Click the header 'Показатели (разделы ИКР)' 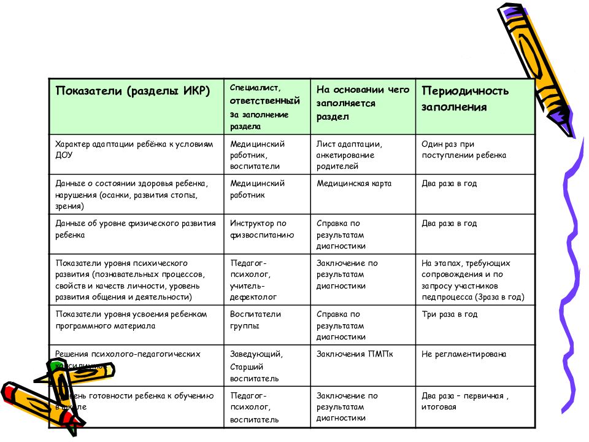(133, 91)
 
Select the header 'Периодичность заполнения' (464, 98)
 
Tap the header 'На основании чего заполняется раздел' (363, 103)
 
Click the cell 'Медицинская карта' (354, 184)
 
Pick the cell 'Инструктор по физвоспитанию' (262, 229)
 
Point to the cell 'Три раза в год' (449, 314)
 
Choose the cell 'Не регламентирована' (463, 354)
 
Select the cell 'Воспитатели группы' (255, 320)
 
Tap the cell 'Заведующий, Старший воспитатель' (256, 366)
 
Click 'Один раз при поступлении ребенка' (463, 149)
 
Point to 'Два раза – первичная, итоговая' (464, 401)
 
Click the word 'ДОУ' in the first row (64, 155)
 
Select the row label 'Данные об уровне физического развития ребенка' (136, 229)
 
